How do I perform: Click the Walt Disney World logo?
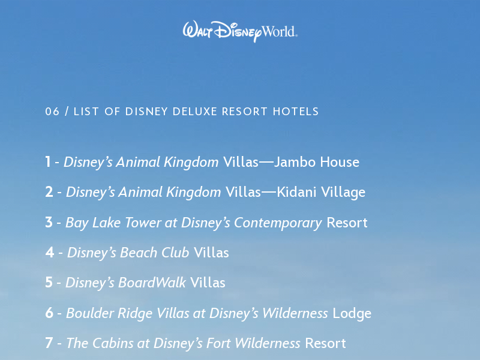tap(240, 31)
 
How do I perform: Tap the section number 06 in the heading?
tap(52, 112)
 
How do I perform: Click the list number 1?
tap(48, 162)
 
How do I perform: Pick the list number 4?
tap(50, 253)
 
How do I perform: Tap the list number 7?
tap(49, 343)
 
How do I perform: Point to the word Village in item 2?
tap(343, 193)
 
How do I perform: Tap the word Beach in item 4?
tap(139, 253)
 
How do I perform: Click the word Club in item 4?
tap(175, 253)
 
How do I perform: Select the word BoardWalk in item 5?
tap(152, 283)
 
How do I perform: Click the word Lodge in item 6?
tap(352, 314)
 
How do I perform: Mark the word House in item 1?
tap(340, 162)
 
